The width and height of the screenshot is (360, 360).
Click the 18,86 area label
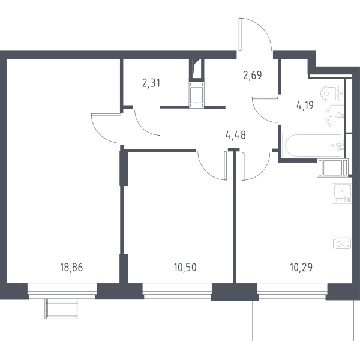click(71, 268)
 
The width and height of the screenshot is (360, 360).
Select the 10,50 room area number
click(185, 268)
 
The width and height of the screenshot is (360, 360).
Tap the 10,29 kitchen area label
click(301, 268)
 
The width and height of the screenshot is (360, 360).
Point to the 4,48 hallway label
click(236, 135)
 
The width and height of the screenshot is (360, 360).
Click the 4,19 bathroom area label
click(305, 106)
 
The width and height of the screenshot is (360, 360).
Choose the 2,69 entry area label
click(253, 75)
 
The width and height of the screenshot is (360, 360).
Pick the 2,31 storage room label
click(151, 83)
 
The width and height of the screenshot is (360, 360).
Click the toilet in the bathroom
click(332, 94)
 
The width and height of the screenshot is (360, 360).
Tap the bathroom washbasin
click(335, 116)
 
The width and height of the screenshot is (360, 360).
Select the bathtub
click(313, 145)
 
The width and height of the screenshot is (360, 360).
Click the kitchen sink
click(341, 193)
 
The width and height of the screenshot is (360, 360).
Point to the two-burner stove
click(343, 244)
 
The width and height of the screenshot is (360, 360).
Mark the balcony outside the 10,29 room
click(303, 321)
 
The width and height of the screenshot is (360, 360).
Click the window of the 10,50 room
click(177, 290)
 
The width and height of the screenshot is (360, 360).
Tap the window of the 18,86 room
click(62, 290)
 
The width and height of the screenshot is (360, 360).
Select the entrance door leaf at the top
click(241, 34)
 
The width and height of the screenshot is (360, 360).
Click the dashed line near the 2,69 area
click(252, 109)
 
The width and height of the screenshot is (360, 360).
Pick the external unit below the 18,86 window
click(62, 309)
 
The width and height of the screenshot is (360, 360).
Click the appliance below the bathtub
click(332, 168)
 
